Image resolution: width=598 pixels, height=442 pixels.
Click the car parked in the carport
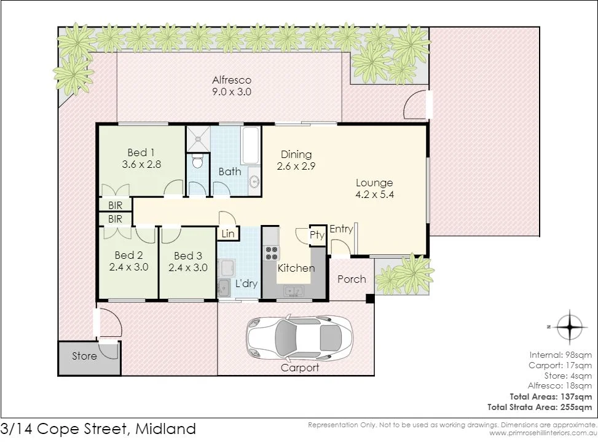299,338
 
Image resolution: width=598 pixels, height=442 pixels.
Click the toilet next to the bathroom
197,162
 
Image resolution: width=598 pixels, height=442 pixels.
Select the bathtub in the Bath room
251,146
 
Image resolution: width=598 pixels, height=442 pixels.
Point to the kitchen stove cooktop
271,253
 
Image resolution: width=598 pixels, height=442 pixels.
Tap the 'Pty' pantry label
317,235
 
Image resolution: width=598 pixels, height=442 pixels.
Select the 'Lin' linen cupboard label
227,234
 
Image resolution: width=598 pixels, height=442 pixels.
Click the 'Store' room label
84,356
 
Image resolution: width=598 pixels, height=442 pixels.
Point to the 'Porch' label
352,279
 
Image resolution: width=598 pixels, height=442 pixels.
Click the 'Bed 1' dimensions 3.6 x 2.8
141,164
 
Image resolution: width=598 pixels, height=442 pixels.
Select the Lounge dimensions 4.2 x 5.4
374,195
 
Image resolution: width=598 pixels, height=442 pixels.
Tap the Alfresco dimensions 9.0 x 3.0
232,92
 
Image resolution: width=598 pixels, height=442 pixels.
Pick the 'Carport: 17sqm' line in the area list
561,365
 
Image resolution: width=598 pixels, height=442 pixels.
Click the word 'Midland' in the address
165,428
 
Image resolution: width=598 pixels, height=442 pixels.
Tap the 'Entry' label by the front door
341,229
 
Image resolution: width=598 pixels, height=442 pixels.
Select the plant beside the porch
406,274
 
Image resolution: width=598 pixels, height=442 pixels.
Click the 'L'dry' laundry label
246,284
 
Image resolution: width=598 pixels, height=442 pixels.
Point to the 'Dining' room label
296,154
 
